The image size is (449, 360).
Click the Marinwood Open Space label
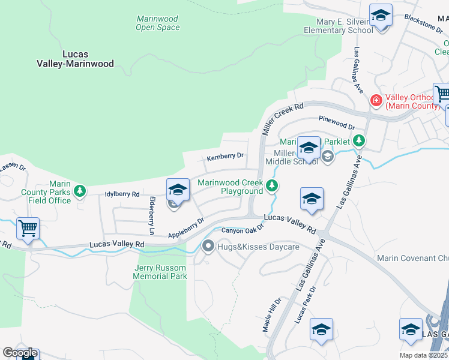click(x=157, y=23)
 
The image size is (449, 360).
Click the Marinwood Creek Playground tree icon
click(x=272, y=186)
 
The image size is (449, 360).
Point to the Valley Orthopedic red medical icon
click(x=376, y=100)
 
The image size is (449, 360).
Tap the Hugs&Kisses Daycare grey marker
click(x=208, y=245)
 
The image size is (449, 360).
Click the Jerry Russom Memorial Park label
click(x=160, y=272)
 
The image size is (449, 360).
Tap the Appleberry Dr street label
click(x=186, y=227)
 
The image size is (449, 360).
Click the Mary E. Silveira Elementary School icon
click(x=380, y=16)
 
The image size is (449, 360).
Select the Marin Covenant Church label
click(x=412, y=258)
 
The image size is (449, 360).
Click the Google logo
click(x=19, y=353)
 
